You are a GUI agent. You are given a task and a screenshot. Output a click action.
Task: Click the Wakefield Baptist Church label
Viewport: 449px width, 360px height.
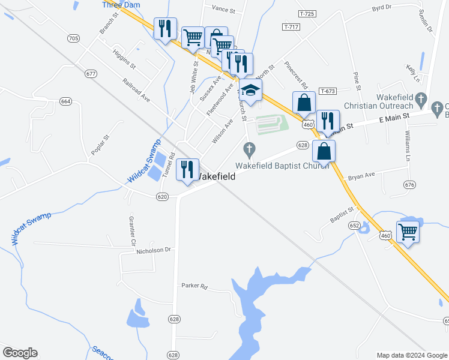[282, 165]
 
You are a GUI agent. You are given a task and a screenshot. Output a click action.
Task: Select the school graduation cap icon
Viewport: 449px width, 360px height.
[251, 91]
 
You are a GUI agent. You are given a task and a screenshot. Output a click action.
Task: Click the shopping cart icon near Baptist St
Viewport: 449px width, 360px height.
[408, 230]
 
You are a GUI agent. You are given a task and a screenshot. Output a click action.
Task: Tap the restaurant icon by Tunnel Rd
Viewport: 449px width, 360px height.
[188, 169]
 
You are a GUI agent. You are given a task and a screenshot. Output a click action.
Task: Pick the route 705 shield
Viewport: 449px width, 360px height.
[73, 38]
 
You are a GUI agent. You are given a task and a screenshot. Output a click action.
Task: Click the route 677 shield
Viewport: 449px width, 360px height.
[91, 74]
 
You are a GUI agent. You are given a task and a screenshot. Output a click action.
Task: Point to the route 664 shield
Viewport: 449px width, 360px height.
[65, 101]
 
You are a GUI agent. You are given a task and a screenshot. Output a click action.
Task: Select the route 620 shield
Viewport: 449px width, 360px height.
[162, 196]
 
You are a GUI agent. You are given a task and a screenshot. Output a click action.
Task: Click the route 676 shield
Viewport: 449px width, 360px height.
[410, 184]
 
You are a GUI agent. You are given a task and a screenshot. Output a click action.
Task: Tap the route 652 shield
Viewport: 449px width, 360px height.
[355, 226]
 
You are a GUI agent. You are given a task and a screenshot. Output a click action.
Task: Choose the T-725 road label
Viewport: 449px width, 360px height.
[308, 13]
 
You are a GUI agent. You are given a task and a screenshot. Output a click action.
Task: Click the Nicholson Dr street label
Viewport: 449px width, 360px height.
[155, 249]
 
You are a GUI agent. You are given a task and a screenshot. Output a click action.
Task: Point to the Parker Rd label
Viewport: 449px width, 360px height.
[194, 286]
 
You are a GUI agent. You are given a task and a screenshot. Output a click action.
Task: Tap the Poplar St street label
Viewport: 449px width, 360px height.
[100, 146]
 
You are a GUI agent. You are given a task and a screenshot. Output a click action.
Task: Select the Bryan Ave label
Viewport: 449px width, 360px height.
[361, 175]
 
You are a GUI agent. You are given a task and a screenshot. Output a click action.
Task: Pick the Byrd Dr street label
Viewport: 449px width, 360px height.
[381, 8]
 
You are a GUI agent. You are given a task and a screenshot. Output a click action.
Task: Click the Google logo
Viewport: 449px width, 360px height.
[20, 353]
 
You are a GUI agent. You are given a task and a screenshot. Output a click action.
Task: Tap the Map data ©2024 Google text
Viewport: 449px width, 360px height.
[412, 355]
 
